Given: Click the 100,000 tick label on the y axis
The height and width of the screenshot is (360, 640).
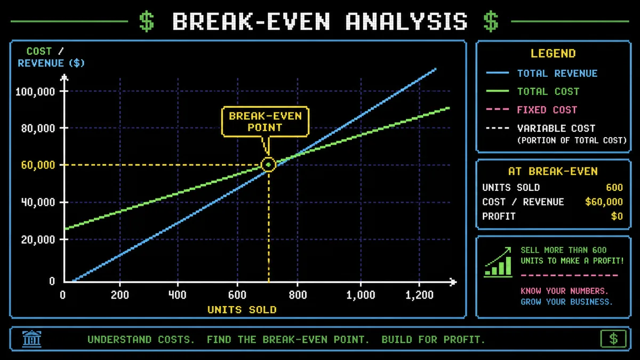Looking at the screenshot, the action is click(35, 92).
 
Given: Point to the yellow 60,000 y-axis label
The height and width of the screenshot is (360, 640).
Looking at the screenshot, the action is click(38, 165).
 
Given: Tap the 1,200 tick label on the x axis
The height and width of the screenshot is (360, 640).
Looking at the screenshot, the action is click(419, 294).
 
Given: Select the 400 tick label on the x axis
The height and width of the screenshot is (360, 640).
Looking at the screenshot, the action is click(178, 294).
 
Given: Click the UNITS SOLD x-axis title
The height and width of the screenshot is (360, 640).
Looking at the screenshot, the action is click(242, 310).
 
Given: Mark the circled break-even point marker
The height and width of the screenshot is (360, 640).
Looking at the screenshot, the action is click(268, 165).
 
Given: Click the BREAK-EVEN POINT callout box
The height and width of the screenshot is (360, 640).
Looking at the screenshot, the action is click(265, 122).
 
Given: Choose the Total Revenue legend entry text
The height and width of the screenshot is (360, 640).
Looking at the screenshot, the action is click(557, 74).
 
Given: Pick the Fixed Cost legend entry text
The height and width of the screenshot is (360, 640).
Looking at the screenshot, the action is click(547, 110).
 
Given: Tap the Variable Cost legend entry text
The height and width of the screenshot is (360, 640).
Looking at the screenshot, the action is click(556, 129).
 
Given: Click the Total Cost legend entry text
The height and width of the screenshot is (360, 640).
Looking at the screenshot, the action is click(548, 92).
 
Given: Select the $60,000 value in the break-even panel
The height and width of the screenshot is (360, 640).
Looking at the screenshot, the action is click(604, 202).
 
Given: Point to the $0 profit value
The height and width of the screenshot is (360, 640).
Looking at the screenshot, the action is click(617, 217).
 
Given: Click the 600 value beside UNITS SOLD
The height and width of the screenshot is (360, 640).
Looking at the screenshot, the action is click(614, 187).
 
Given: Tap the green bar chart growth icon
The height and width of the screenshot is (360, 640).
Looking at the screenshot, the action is click(498, 262).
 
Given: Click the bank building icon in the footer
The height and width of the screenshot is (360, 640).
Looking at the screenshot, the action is click(31, 339).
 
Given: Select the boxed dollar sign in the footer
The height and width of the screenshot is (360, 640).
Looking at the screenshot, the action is click(613, 339).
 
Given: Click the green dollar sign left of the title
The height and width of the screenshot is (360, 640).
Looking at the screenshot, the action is click(147, 21).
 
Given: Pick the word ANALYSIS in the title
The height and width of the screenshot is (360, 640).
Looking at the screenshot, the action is click(406, 21).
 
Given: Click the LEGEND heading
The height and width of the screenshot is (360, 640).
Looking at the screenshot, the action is click(553, 53).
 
